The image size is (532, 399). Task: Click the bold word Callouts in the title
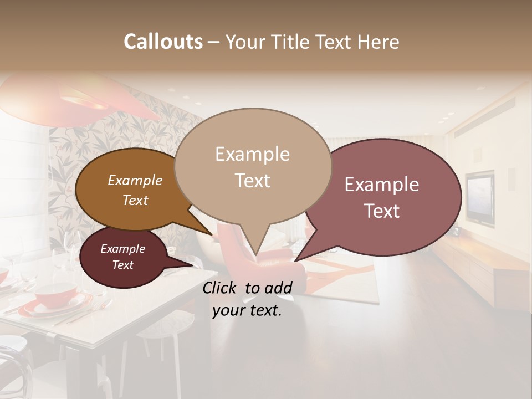click(x=163, y=42)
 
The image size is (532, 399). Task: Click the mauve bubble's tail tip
click(x=295, y=260)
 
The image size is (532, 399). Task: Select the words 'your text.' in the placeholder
click(x=247, y=310)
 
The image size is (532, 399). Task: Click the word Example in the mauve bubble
click(x=382, y=185)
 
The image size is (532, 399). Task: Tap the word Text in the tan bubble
click(x=252, y=181)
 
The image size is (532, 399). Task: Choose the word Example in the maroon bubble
click(x=122, y=249)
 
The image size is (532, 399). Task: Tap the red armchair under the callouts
click(x=277, y=260)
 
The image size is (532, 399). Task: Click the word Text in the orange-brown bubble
click(x=135, y=200)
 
